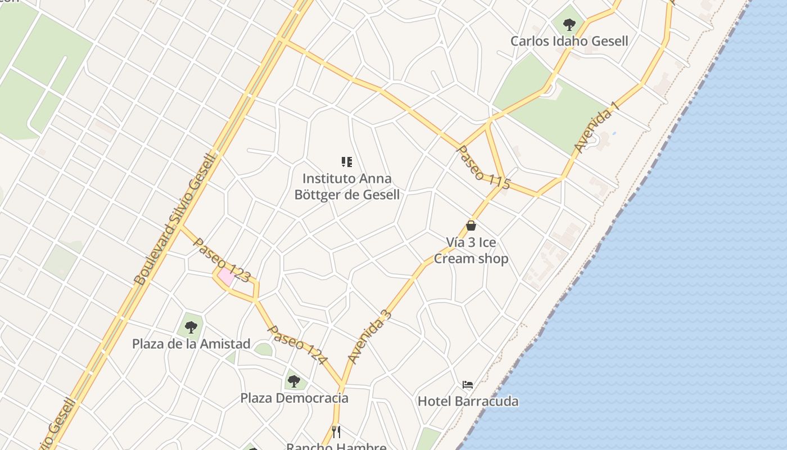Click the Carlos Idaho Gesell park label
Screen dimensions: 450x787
(x=569, y=41)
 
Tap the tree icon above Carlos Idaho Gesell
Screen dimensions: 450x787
(x=569, y=24)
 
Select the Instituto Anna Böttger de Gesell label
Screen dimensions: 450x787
(x=347, y=187)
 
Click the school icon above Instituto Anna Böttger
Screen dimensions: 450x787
(x=347, y=163)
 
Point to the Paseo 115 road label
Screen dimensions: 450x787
(x=483, y=168)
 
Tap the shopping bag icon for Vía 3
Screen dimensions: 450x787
(x=471, y=226)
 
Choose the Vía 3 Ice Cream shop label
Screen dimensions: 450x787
(x=471, y=250)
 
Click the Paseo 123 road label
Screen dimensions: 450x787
(x=221, y=259)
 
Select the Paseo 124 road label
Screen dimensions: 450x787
(x=297, y=344)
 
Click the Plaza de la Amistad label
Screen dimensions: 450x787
(x=191, y=344)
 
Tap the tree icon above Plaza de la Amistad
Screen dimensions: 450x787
(x=191, y=327)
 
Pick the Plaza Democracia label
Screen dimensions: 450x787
(x=294, y=398)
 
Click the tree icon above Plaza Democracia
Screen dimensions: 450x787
(x=293, y=381)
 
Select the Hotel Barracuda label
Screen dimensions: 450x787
(x=468, y=402)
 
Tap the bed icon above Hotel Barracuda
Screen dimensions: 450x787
(x=468, y=385)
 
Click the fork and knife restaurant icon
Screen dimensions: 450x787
(x=336, y=431)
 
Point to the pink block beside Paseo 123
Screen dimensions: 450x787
(x=227, y=277)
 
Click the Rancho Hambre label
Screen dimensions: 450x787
(x=336, y=446)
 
